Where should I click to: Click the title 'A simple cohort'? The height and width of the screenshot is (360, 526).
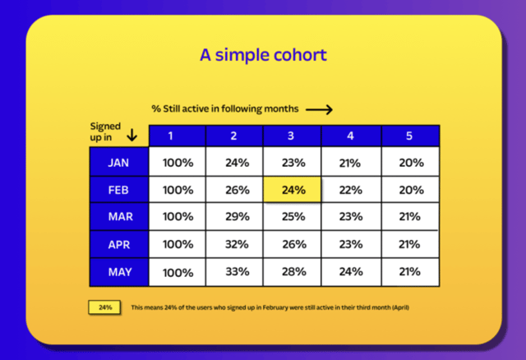tap(263, 55)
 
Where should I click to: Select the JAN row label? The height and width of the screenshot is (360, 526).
tap(118, 163)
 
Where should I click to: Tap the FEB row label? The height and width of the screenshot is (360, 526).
tap(118, 190)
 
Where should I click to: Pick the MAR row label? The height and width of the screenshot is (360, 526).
tap(118, 217)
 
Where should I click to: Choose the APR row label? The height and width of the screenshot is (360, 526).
tap(118, 244)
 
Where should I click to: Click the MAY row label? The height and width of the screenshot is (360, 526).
tap(118, 271)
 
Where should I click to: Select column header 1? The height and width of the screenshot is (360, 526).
tap(178, 136)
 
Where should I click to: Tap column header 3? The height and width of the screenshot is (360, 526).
tap(293, 136)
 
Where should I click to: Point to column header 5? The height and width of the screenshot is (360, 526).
tap(408, 136)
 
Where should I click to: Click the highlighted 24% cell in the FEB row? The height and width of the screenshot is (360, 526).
tap(293, 190)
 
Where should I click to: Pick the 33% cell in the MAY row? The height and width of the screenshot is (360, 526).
tap(236, 271)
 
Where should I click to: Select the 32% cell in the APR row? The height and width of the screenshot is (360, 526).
tap(236, 244)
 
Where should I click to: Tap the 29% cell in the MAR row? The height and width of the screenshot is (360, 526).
tap(236, 217)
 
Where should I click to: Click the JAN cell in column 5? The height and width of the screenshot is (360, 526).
tap(408, 163)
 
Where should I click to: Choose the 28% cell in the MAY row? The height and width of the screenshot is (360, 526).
tap(293, 271)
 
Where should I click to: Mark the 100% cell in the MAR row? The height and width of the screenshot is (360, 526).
tap(178, 217)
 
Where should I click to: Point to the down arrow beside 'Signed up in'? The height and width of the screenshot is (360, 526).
tap(131, 134)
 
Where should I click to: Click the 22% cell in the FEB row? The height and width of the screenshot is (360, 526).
tap(350, 190)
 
